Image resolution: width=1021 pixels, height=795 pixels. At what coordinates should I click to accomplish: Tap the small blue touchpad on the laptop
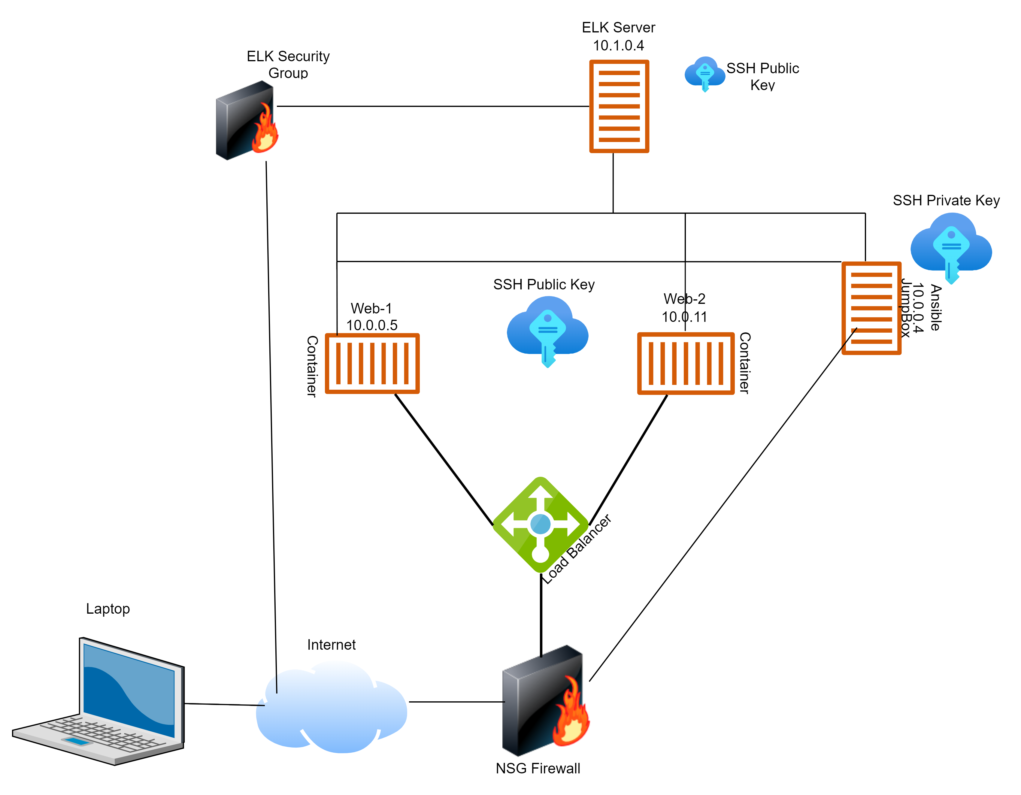(x=77, y=741)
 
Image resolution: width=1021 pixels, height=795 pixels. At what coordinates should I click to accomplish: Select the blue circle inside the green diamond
(x=541, y=524)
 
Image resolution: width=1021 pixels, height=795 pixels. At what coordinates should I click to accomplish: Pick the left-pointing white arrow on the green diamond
(x=510, y=524)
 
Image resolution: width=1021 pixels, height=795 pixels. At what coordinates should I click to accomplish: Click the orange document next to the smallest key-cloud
(x=619, y=106)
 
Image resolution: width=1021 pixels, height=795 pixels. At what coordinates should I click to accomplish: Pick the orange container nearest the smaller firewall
(x=372, y=363)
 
